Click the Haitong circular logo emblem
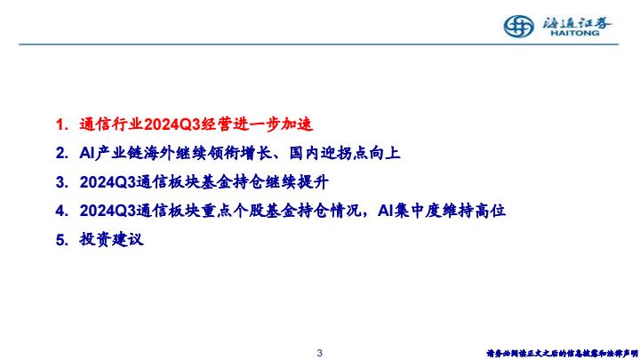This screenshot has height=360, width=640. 518,27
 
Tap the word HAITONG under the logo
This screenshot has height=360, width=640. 575,33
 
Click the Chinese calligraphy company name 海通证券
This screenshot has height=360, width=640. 577,23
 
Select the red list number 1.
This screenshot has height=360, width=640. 61,124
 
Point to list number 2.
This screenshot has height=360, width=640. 61,154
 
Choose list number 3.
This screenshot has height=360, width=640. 61,182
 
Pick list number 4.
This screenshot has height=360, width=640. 61,211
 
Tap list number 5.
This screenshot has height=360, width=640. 61,240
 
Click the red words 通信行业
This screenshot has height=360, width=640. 111,124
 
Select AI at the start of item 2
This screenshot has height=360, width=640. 87,154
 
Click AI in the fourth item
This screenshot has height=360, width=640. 385,211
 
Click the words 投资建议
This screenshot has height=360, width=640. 111,240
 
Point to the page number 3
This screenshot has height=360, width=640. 320,353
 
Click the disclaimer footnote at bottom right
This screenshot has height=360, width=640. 562,353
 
